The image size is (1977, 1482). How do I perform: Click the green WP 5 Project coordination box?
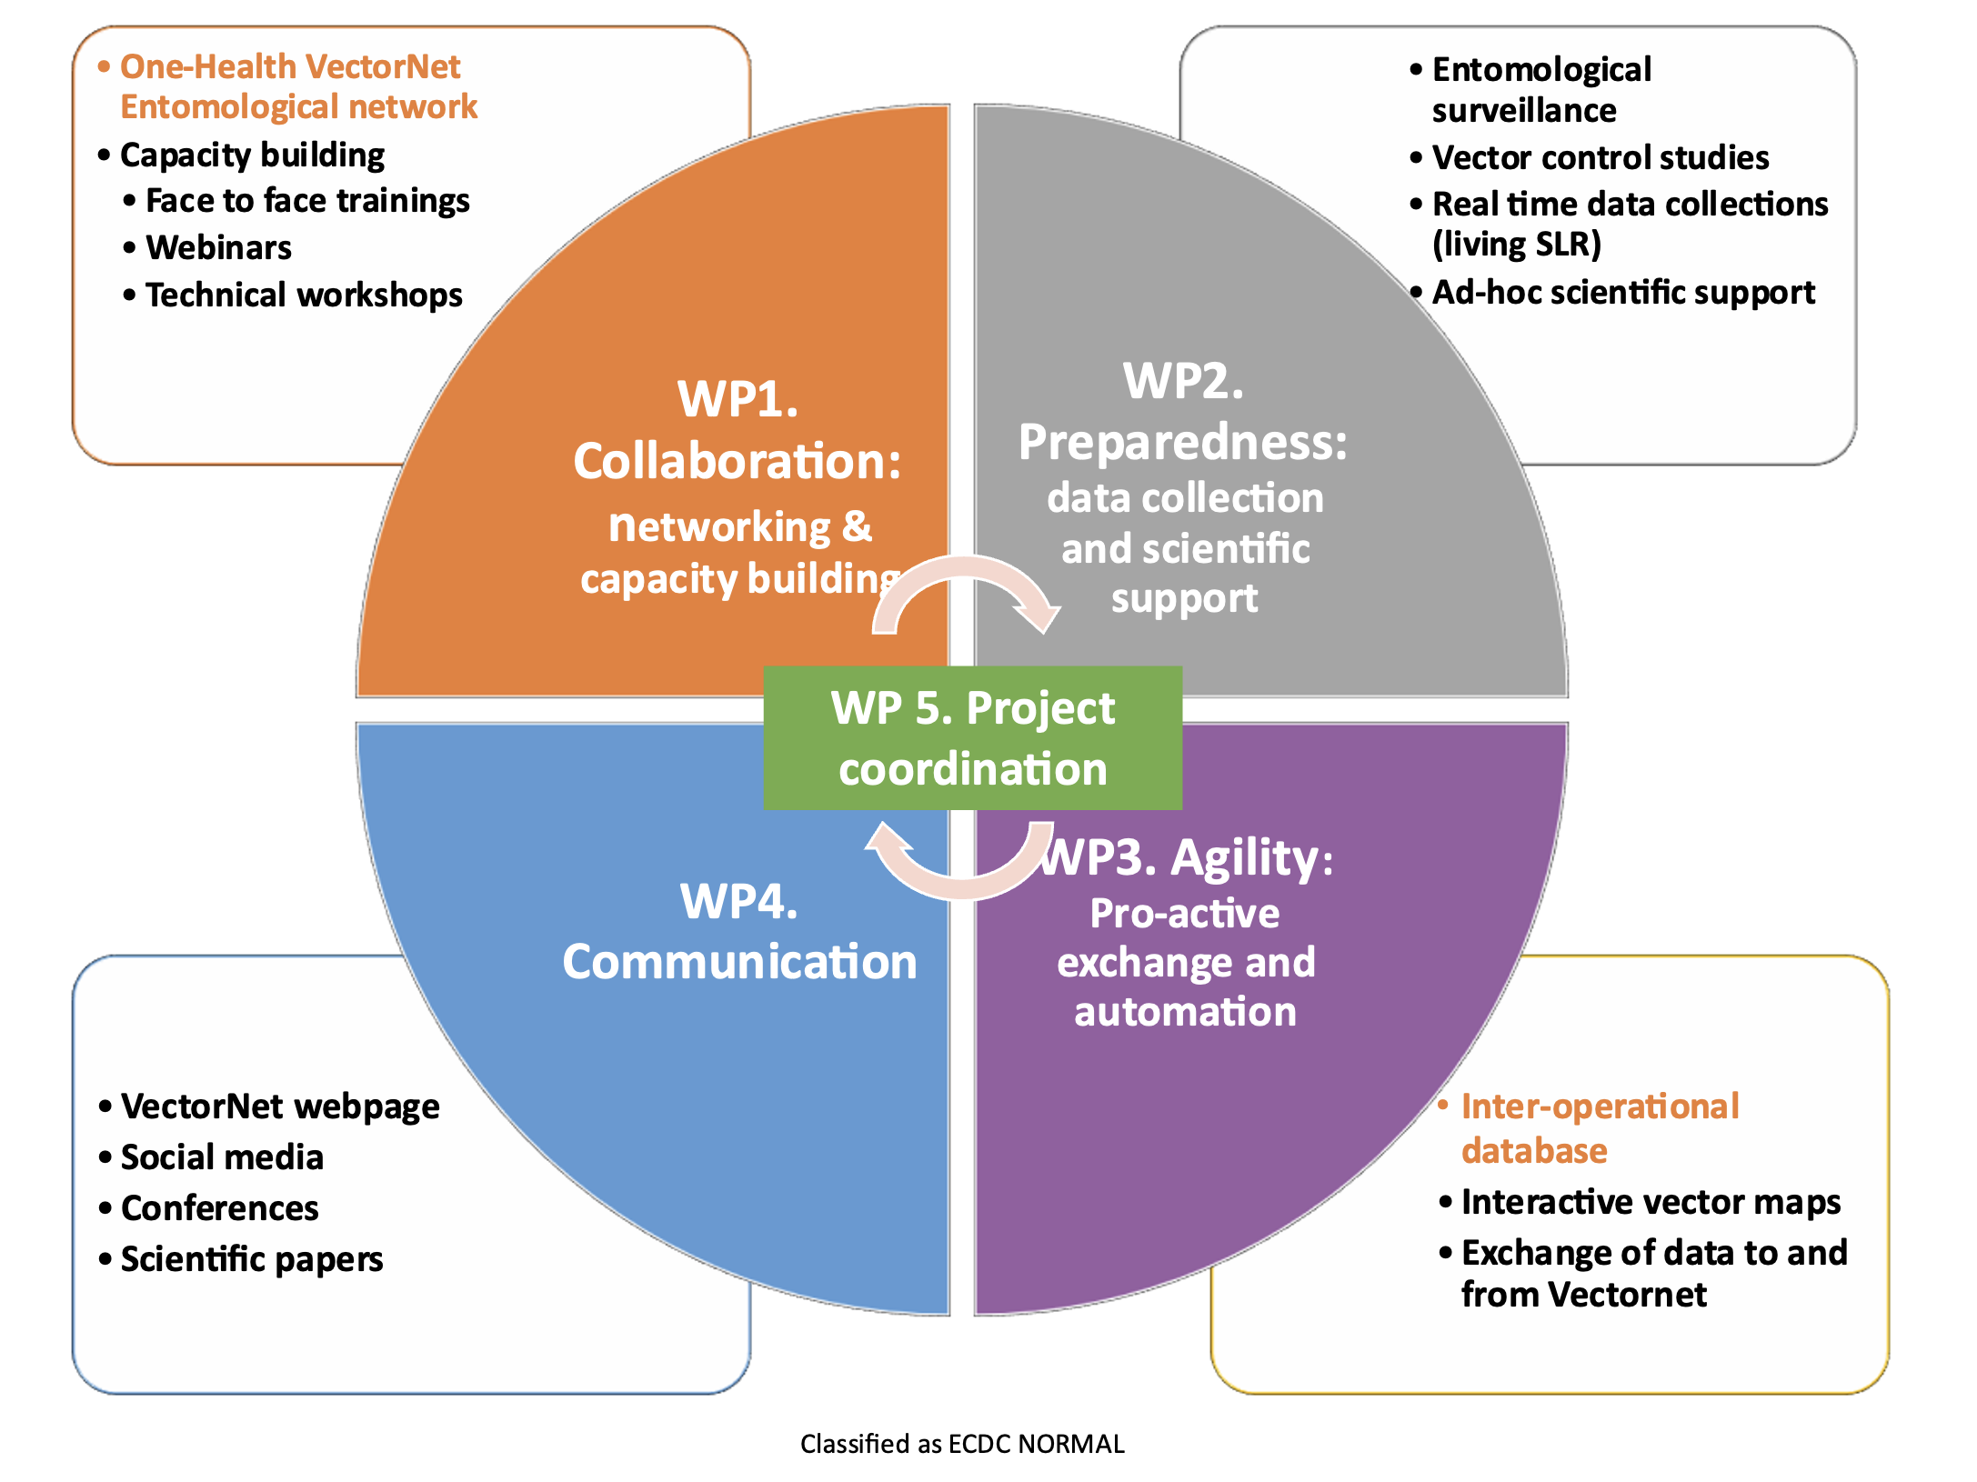(972, 737)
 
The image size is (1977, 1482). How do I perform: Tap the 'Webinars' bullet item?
(218, 247)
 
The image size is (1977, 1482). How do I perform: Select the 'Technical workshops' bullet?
(304, 295)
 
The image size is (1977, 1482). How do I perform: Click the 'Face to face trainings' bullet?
(307, 200)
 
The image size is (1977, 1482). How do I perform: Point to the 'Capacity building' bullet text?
(252, 155)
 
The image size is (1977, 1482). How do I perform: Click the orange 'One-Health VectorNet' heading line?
(290, 66)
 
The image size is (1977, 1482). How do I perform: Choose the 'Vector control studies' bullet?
(1600, 157)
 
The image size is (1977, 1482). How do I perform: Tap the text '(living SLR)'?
(1516, 244)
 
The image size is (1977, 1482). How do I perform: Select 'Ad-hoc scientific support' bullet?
(1622, 292)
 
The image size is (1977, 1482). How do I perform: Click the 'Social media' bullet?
(222, 1157)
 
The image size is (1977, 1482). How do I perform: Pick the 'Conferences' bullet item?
(219, 1207)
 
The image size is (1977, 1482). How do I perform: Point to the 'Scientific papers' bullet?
(251, 1258)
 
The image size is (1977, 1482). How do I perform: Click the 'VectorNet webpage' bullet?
(279, 1106)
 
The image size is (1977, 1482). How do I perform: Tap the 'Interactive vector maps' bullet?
(1650, 1201)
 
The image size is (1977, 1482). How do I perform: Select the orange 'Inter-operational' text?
(1599, 1106)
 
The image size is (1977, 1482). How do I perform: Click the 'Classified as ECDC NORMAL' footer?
(962, 1443)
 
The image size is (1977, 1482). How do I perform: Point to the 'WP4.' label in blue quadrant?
(738, 901)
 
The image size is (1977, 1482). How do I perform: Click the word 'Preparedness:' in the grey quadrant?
(1182, 442)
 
